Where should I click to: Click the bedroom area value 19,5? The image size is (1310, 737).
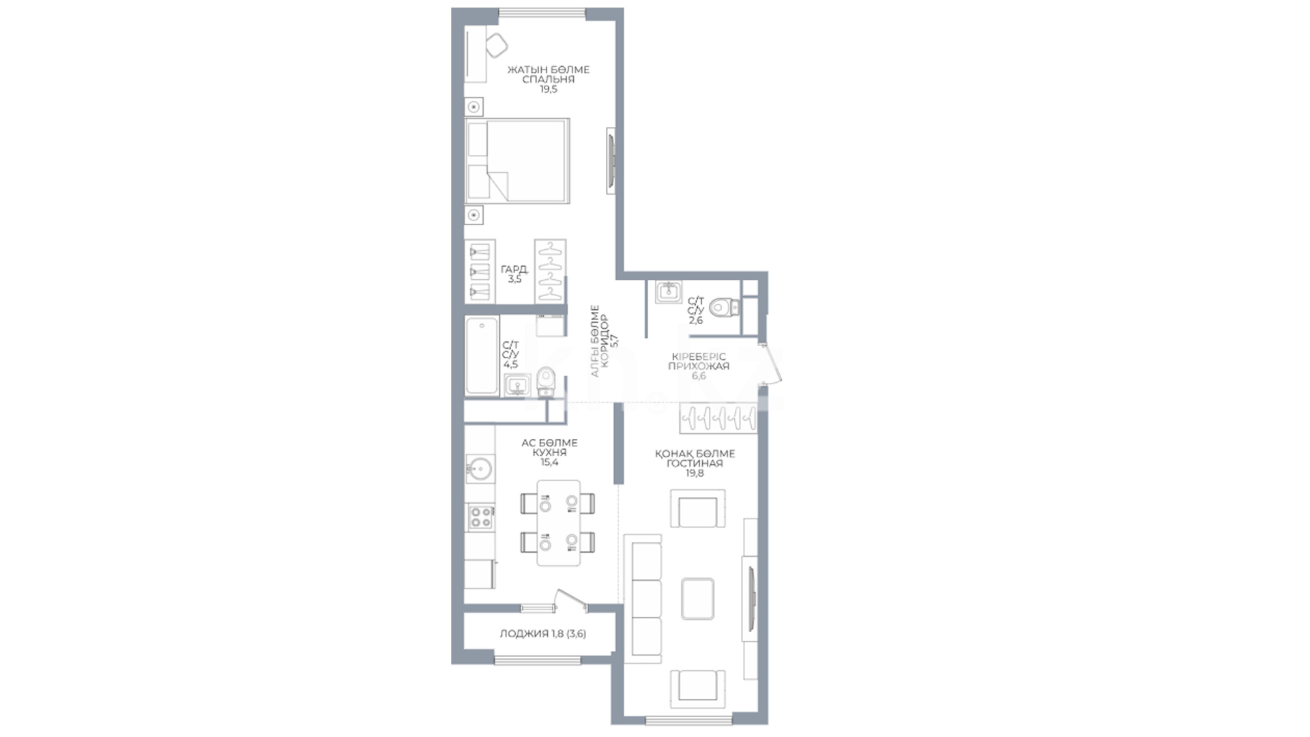click(x=549, y=89)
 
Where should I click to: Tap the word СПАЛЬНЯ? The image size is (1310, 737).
click(x=549, y=79)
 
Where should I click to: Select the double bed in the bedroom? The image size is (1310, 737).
click(x=517, y=161)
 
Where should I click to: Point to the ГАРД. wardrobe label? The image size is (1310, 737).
click(x=514, y=269)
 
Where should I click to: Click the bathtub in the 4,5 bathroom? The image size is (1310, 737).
click(x=482, y=356)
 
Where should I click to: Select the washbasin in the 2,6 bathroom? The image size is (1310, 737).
click(x=669, y=292)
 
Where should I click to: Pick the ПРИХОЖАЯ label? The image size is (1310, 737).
click(x=699, y=366)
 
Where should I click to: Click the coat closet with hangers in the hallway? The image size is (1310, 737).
click(x=718, y=418)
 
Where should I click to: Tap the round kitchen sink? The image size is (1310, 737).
click(x=480, y=469)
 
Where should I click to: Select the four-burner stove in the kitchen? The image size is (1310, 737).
click(x=480, y=517)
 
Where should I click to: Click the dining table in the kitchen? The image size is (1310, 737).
click(x=559, y=523)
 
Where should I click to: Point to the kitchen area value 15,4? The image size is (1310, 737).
click(x=549, y=463)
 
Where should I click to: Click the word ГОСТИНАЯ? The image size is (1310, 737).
click(x=695, y=463)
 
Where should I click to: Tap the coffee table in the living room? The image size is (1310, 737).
click(x=698, y=598)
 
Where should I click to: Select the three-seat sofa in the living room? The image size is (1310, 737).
click(x=643, y=599)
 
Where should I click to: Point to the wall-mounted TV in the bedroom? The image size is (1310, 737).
click(x=611, y=161)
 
